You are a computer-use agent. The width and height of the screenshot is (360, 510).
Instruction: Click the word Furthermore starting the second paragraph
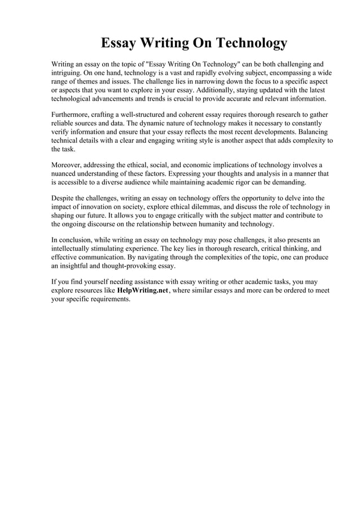point(73,115)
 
